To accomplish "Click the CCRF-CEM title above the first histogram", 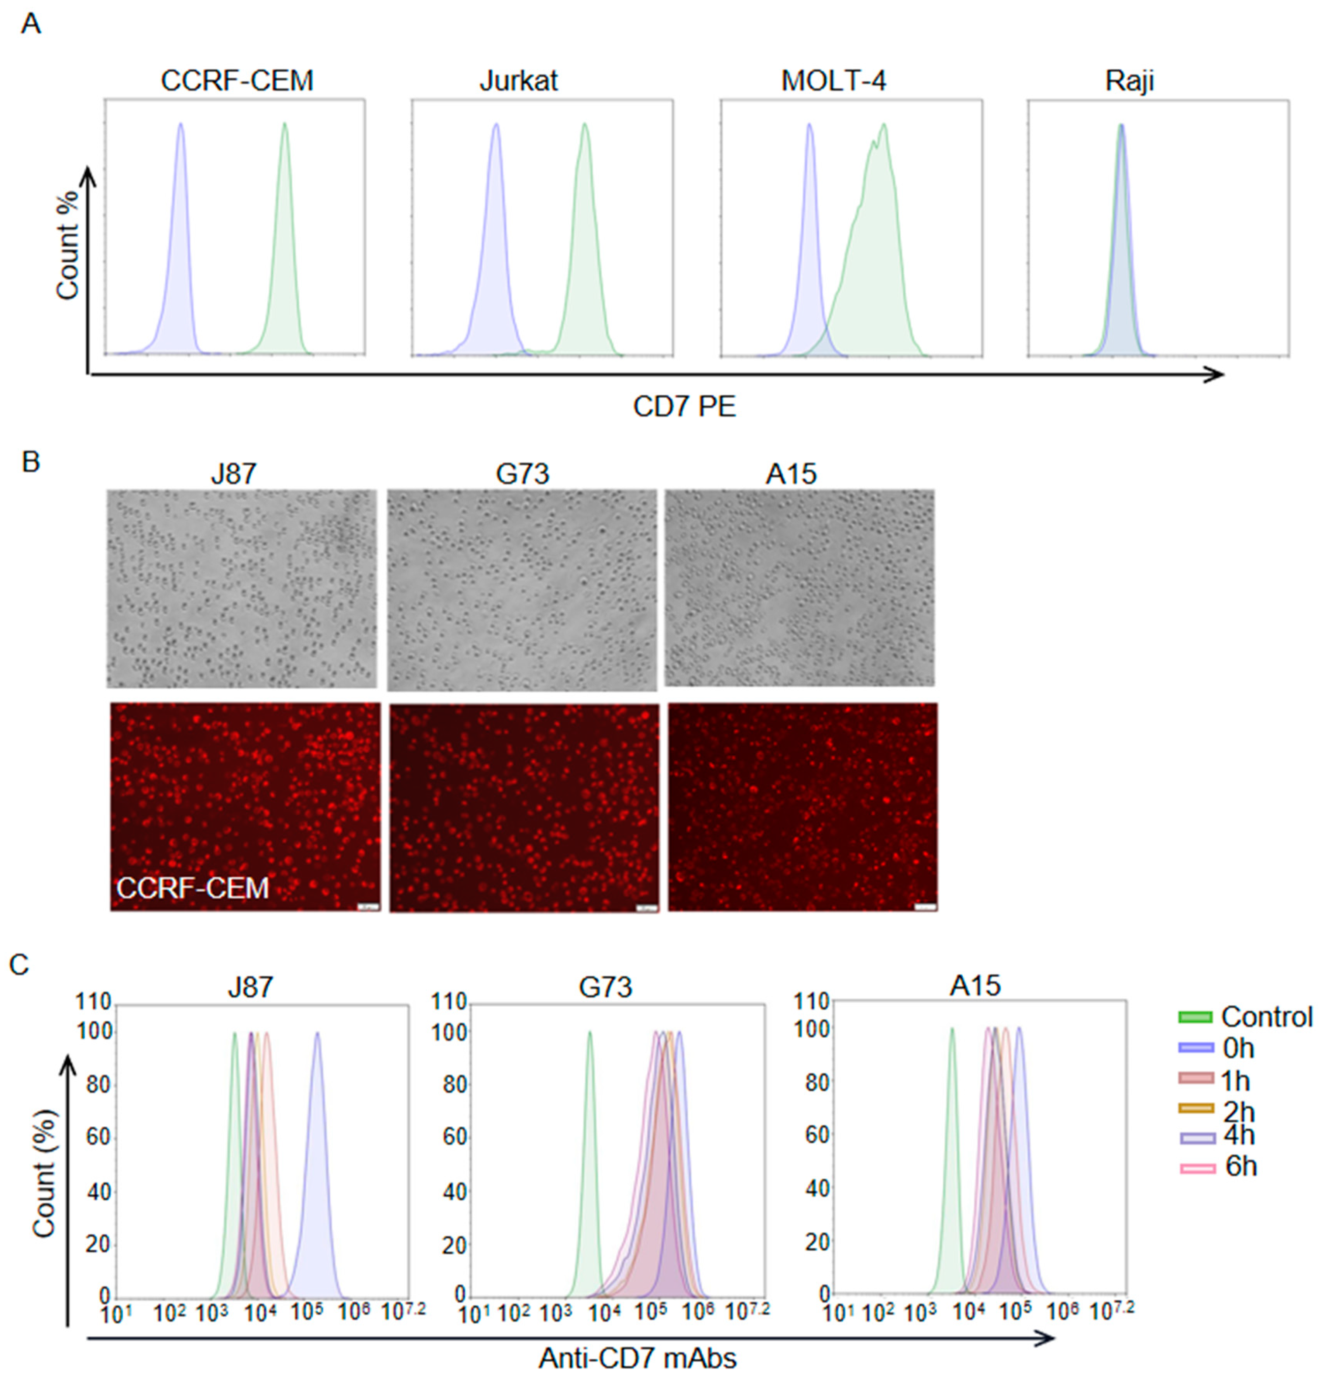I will pos(237,81).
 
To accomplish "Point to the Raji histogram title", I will pos(1129,81).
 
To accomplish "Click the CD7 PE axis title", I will pos(684,407).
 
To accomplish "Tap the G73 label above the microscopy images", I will pos(522,474).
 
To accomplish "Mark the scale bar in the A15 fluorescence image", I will pos(925,908).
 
